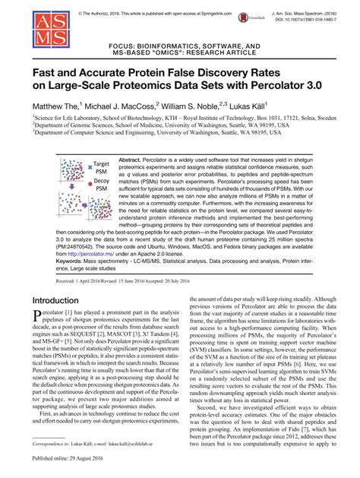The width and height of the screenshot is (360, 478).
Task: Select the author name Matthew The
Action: click(x=58, y=103)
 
